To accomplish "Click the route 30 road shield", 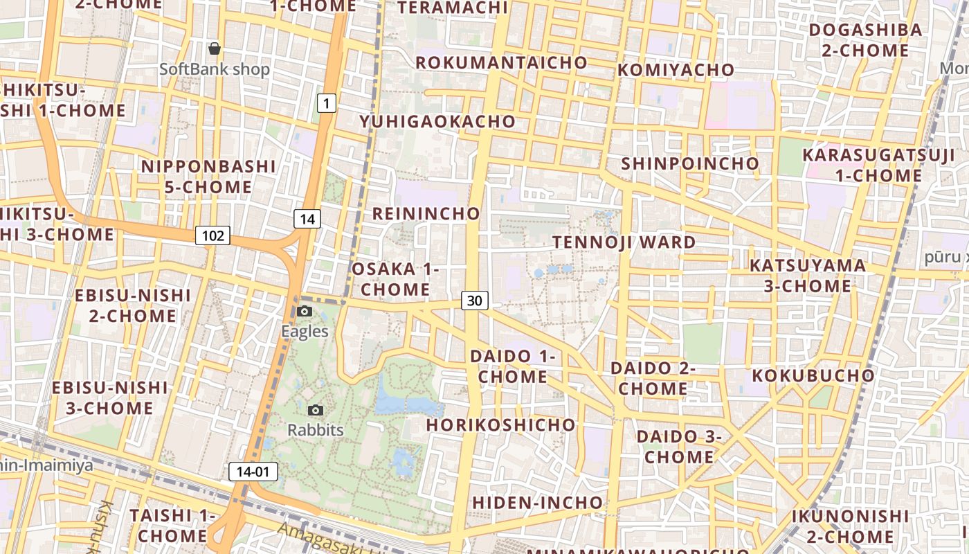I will click(474, 301).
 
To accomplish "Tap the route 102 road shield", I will click(212, 235).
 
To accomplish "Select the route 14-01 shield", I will click(253, 472).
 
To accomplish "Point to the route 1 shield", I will click(327, 104).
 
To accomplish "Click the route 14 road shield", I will click(307, 220).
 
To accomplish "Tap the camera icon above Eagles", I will click(305, 312).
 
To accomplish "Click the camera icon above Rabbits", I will click(316, 411).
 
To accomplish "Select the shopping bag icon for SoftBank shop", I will click(215, 48).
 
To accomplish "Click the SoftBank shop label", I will click(215, 69).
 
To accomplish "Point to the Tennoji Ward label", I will click(624, 242).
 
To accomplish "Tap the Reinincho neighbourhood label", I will click(426, 213).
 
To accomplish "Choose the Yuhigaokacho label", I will click(437, 122).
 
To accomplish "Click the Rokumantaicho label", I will click(501, 62).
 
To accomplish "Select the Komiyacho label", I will click(676, 70).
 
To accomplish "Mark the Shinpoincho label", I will click(690, 164).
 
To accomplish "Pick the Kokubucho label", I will click(813, 375).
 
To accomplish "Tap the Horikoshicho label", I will click(500, 425).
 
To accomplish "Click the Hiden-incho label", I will click(537, 502).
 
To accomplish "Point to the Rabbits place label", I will click(316, 430).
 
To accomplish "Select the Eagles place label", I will click(305, 331).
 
